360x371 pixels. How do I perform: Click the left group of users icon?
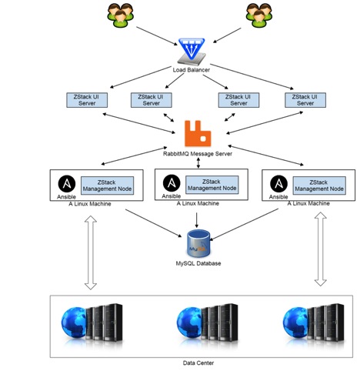click(120, 15)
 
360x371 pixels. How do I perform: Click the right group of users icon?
click(259, 15)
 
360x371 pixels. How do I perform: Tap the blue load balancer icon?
click(192, 51)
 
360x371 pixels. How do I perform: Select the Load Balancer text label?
click(192, 70)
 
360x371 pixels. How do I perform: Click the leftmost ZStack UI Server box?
click(87, 100)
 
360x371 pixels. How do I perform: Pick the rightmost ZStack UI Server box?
click(305, 100)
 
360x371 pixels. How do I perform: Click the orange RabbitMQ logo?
click(198, 133)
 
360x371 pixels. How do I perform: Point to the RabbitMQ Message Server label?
click(198, 154)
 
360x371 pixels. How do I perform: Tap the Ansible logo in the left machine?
click(67, 184)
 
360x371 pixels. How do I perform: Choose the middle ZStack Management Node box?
click(212, 185)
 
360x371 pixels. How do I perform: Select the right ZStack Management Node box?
click(319, 185)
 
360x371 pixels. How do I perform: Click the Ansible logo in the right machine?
click(278, 184)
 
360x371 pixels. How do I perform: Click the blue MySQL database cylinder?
click(198, 243)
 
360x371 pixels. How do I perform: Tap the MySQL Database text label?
click(198, 263)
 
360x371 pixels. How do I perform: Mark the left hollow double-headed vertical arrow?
click(91, 252)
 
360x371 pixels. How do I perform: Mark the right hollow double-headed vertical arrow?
click(321, 249)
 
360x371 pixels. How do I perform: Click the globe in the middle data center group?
click(188, 322)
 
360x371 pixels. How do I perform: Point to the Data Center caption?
click(198, 363)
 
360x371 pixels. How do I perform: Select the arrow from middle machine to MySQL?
click(197, 220)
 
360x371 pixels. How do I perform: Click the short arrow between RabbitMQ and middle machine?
click(198, 163)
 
